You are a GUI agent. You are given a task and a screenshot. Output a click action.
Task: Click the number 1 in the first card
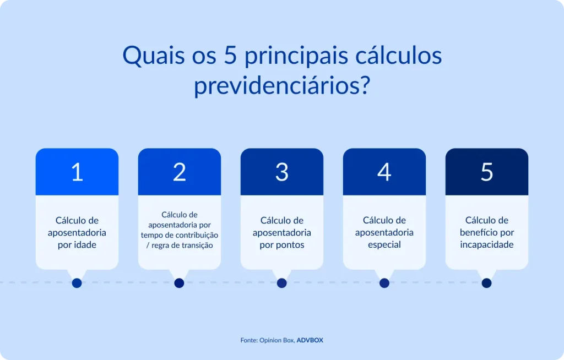pos(77,172)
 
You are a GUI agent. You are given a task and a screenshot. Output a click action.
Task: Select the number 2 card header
pos(180,172)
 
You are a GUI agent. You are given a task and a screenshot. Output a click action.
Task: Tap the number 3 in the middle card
pos(282,172)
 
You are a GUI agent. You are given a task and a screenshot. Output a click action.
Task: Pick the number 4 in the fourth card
pos(384,172)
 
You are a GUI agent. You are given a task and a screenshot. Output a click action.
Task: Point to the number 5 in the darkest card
pos(486,172)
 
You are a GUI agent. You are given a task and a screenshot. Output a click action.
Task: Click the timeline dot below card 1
pos(77,283)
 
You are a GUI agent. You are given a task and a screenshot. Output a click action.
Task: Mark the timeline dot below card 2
pos(179,283)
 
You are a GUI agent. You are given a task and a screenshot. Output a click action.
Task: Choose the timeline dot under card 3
pos(282,283)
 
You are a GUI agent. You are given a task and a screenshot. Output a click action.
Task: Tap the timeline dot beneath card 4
pos(384,283)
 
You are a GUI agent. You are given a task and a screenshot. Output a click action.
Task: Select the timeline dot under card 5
pos(486,283)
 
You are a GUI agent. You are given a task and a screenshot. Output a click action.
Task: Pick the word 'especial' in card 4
pos(384,244)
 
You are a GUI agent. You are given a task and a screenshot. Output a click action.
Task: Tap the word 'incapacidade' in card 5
pos(486,244)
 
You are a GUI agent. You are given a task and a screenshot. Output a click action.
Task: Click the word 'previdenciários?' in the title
pos(281,86)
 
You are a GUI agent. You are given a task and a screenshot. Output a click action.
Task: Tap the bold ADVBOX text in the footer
pos(310,340)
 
